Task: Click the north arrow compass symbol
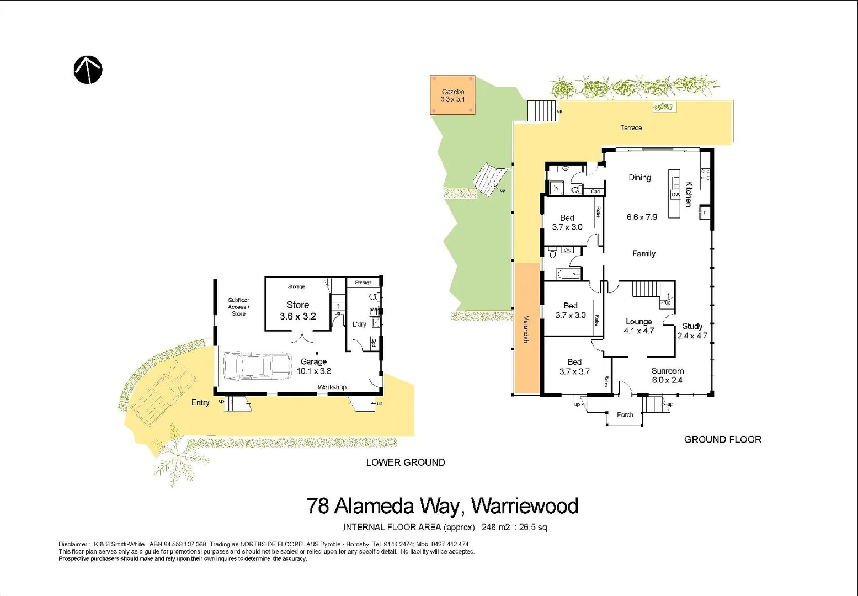88,70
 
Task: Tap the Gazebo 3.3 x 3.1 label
452,95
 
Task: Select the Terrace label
631,127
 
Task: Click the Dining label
639,178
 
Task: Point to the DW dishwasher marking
675,195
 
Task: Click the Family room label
643,253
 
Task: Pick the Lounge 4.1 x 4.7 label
638,326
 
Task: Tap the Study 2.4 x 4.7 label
692,331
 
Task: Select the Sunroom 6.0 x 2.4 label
667,375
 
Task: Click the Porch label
625,415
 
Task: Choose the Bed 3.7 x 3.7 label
574,367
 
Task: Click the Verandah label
526,329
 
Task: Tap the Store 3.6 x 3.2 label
297,310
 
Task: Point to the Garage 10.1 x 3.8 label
313,366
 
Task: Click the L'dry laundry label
359,324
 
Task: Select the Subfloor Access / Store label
238,307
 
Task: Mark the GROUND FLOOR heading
722,439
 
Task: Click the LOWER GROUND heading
405,462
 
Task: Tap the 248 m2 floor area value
495,527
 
